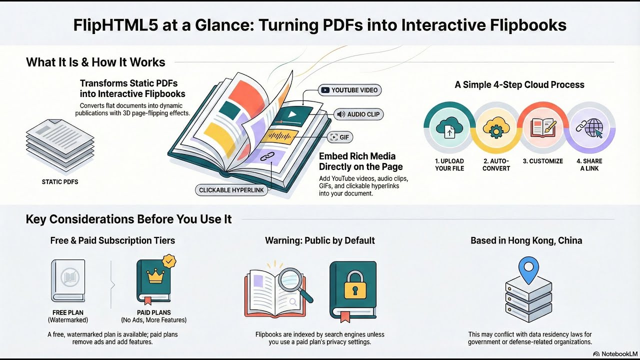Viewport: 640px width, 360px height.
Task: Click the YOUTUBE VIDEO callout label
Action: click(350, 90)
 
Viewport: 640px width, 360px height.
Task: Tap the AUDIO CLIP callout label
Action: click(358, 114)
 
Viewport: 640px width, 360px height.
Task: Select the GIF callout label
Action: click(340, 137)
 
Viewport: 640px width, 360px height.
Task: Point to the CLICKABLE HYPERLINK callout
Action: click(231, 190)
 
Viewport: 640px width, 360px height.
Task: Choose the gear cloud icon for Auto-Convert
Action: click(496, 128)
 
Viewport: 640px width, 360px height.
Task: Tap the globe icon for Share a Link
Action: click(590, 128)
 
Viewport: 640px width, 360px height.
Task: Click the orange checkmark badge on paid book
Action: click(169, 261)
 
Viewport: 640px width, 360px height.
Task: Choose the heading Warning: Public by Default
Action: click(319, 240)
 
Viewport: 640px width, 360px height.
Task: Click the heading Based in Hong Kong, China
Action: click(526, 240)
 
